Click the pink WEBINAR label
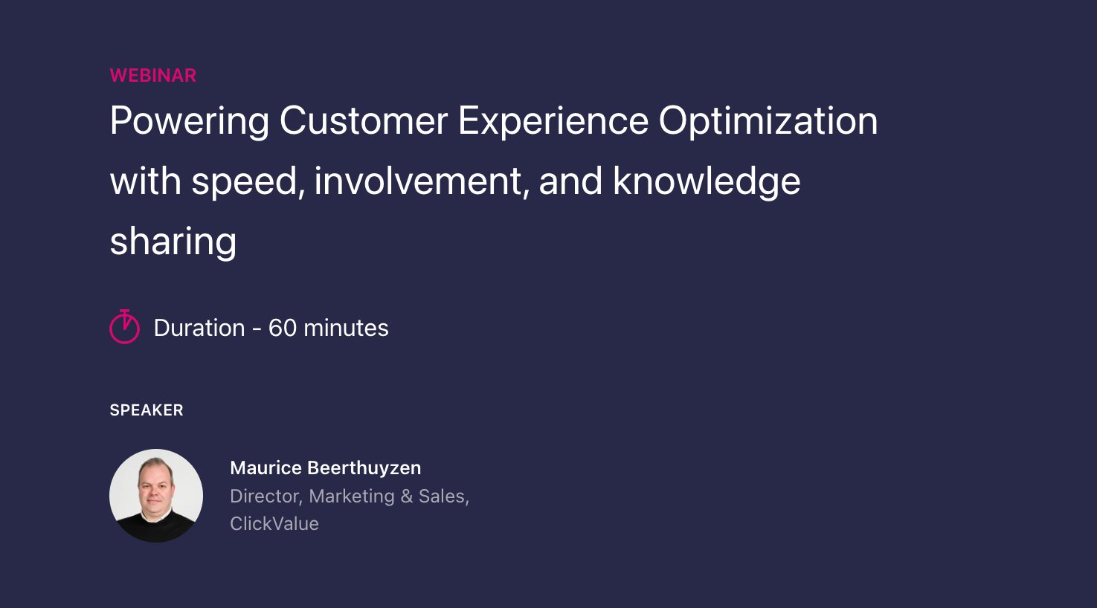coord(152,75)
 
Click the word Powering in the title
coord(189,121)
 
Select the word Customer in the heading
coord(363,121)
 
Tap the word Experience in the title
coord(553,121)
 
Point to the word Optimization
coord(768,121)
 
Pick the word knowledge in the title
coord(706,182)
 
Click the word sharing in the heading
coord(173,242)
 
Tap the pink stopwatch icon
coord(124,327)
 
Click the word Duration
coord(199,328)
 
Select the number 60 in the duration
coord(282,328)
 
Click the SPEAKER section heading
coord(146,410)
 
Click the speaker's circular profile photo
coord(156,495)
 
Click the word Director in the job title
coord(266,496)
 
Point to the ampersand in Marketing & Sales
coord(406,496)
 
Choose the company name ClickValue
coord(274,523)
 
